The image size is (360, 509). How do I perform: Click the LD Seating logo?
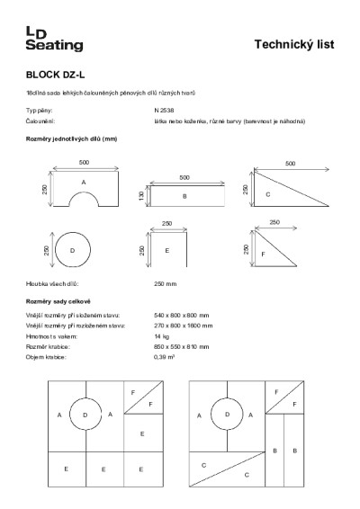tap(53, 39)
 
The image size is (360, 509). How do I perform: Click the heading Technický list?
tap(295, 43)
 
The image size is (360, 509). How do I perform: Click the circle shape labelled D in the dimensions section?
tap(73, 249)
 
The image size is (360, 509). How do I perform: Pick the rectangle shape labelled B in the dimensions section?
tap(184, 195)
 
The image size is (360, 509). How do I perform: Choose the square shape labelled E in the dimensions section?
tap(166, 250)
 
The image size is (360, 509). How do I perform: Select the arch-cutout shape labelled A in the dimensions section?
tap(84, 189)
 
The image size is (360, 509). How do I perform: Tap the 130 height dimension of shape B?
tap(141, 196)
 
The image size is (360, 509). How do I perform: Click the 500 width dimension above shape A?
tap(84, 163)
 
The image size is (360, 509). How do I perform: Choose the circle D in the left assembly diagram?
tap(85, 415)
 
